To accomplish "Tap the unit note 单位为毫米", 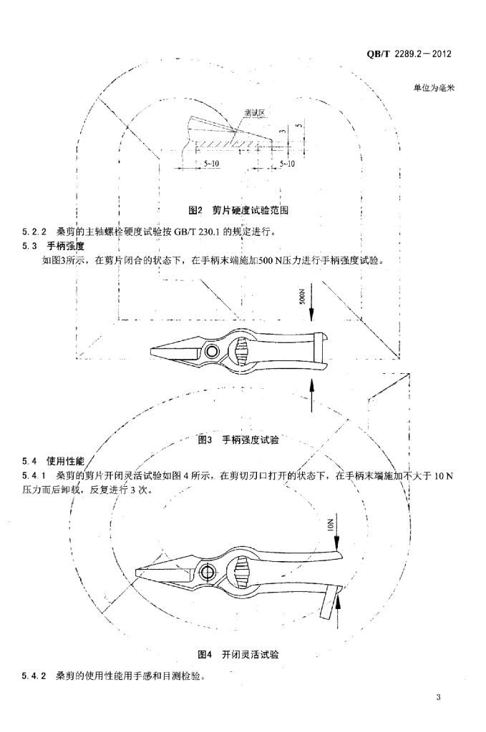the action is pos(434,88).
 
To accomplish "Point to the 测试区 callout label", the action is pos(255,112).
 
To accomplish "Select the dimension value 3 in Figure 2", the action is pos(283,131).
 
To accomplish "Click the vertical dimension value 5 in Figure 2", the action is pos(296,129).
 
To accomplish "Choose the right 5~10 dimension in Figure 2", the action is pos(286,164).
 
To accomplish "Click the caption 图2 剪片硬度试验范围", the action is pos(243,211).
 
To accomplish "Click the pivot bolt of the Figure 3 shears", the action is pos(211,351).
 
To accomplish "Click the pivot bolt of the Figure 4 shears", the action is pos(209,571).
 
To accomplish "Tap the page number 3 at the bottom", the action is pos(439,698).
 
